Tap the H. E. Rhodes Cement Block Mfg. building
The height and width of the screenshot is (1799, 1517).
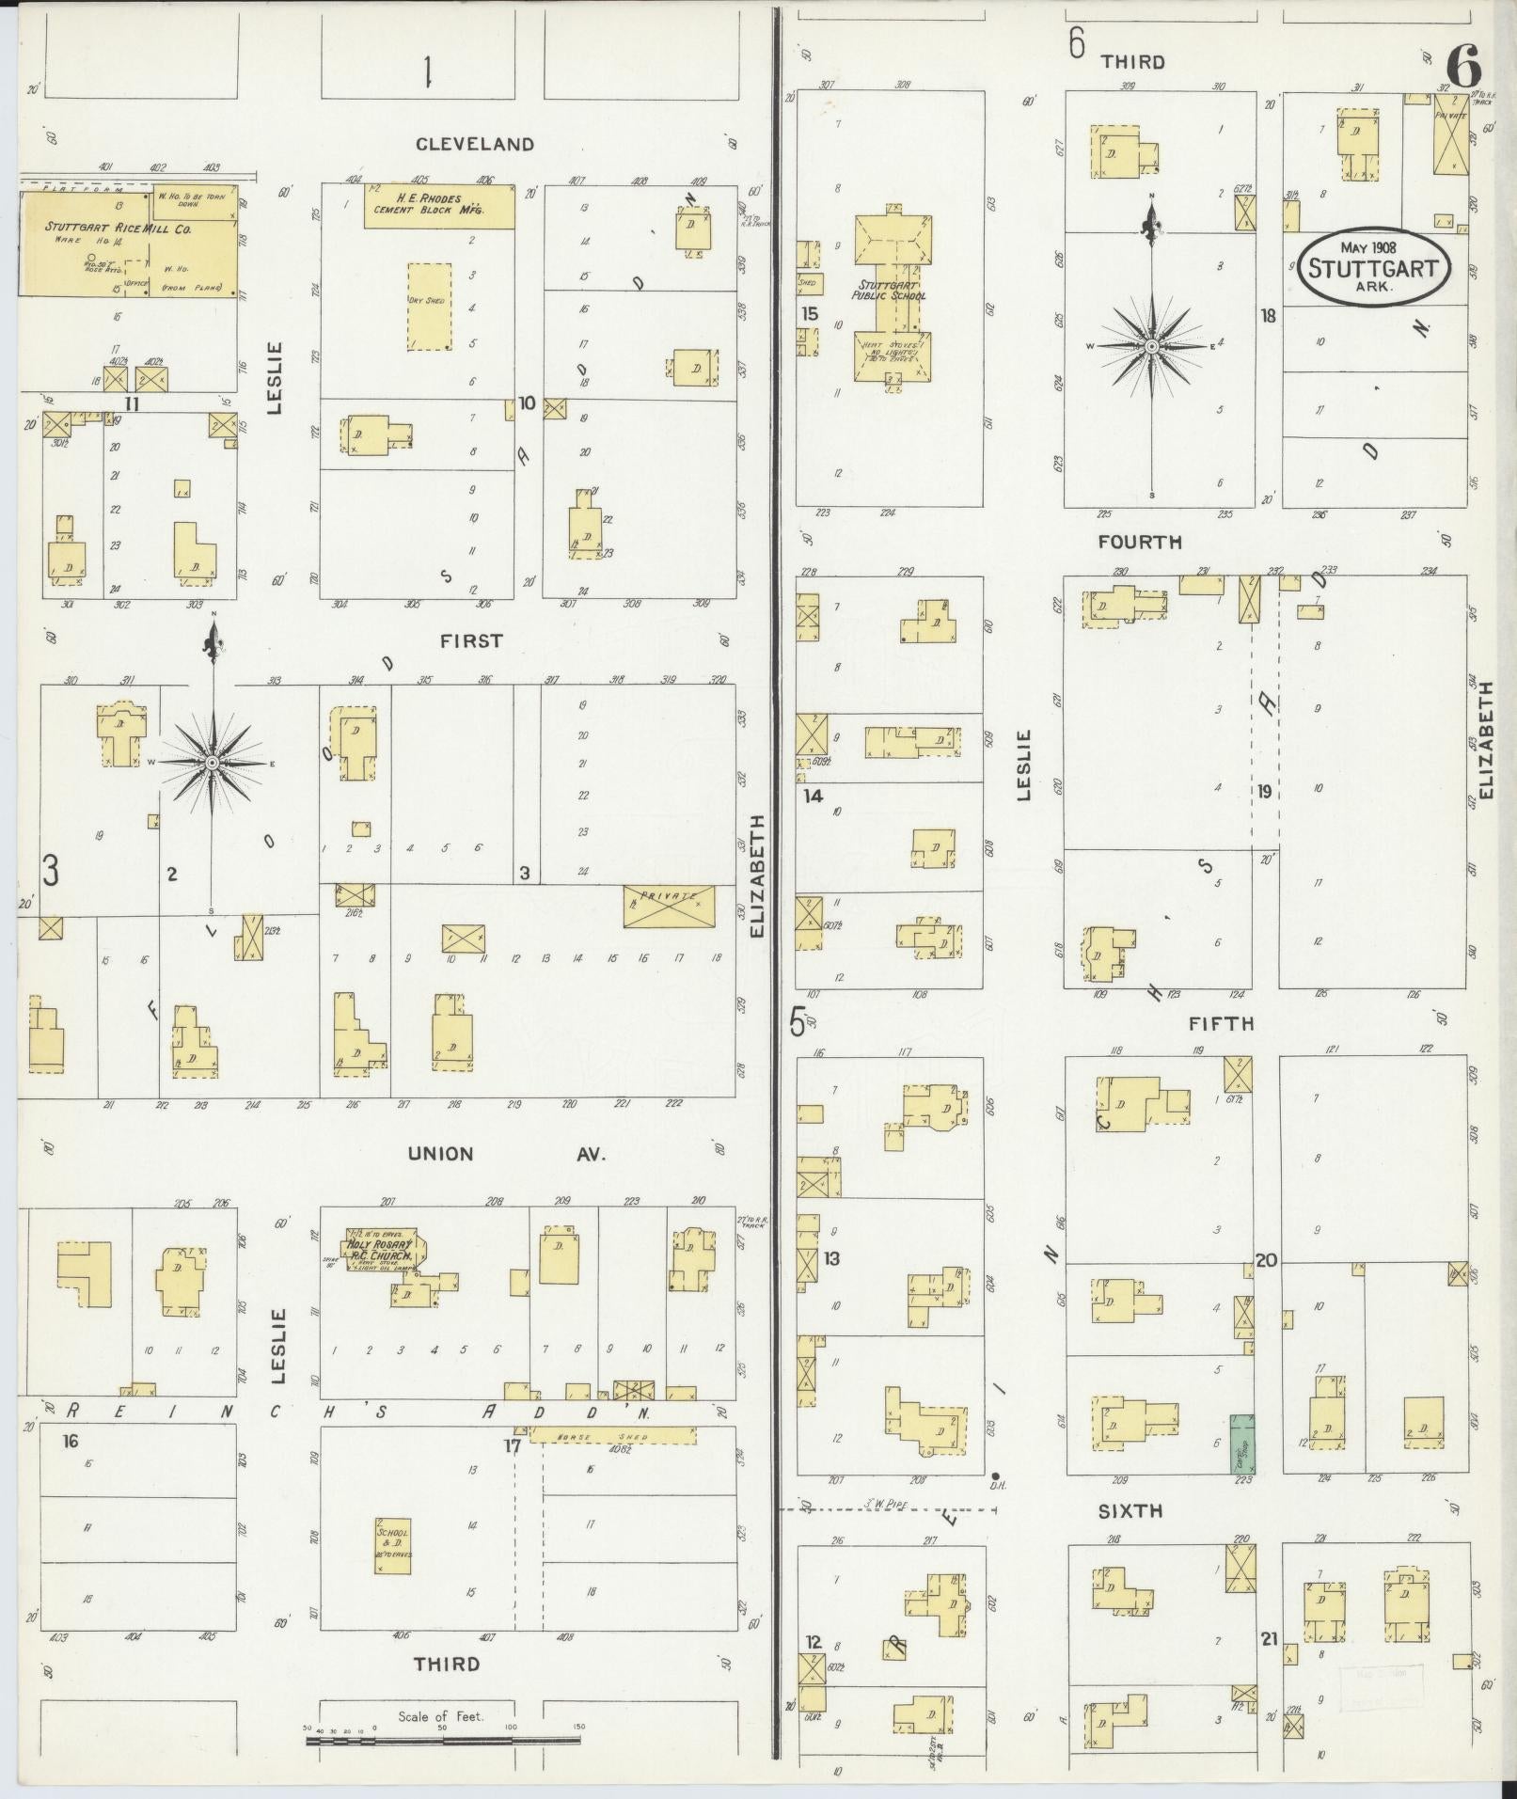[x=439, y=206]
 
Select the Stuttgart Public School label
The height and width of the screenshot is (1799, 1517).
[x=892, y=289]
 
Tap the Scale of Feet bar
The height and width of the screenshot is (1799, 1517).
[x=443, y=1740]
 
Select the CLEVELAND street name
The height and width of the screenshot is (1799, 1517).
[x=476, y=144]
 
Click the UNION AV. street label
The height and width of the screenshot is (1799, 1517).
[x=506, y=1154]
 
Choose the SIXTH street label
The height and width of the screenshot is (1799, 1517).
[x=1130, y=1511]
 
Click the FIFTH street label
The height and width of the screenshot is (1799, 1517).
[x=1221, y=1023]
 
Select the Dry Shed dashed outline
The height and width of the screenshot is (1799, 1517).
[x=429, y=307]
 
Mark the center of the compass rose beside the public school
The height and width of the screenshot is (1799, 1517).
[x=1151, y=347]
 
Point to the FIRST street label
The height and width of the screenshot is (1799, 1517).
[x=471, y=640]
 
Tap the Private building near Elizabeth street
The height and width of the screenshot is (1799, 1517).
[x=669, y=906]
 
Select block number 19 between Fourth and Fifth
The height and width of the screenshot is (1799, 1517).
[x=1265, y=791]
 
